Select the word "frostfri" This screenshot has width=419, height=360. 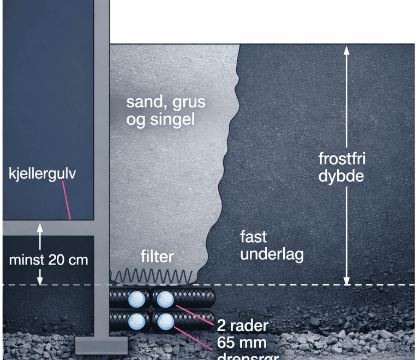342,159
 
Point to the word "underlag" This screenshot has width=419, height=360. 271,254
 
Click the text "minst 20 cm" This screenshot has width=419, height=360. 48,259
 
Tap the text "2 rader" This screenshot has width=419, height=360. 242,326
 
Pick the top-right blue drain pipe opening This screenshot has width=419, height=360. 164,299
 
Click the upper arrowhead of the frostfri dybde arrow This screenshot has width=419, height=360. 345,51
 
